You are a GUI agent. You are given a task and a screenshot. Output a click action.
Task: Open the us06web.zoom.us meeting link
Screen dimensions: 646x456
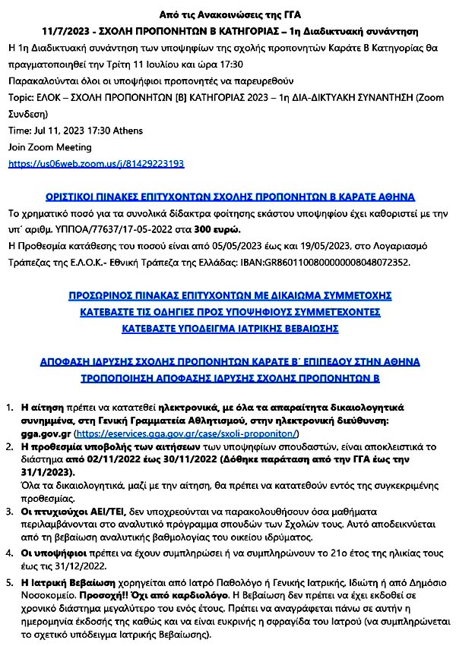pos(96,163)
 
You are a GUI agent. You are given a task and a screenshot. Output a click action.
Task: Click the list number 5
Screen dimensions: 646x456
pos(11,583)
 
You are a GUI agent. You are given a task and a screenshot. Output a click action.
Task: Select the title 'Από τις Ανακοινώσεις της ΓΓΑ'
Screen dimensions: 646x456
pos(228,14)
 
